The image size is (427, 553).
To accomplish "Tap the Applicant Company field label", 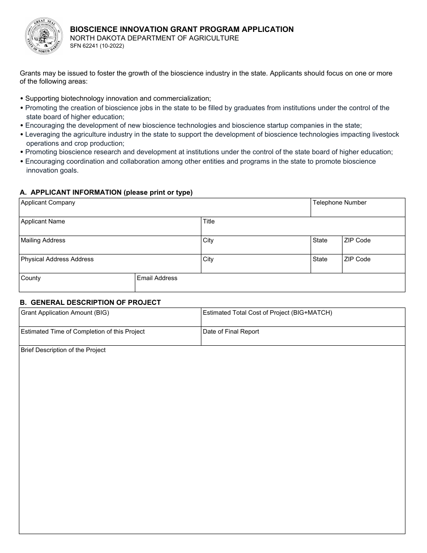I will click(x=48, y=203).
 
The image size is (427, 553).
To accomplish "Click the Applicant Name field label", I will click(x=43, y=222).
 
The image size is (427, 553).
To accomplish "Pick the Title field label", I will click(x=209, y=222).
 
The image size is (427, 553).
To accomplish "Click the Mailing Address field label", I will click(x=43, y=241).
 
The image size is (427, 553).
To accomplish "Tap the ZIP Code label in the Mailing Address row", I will click(x=357, y=241).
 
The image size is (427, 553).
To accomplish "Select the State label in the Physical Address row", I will click(x=320, y=259).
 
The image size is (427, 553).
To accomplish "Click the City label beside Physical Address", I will click(x=208, y=259).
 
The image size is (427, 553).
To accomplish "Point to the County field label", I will click(x=31, y=278).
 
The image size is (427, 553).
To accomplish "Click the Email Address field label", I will click(x=157, y=278).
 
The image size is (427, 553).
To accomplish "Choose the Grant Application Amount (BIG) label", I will click(x=65, y=312).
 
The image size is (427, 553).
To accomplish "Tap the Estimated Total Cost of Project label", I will click(x=267, y=312).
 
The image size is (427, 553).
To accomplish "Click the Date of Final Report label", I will click(x=231, y=332).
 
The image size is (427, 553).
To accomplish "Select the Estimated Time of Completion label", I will click(x=83, y=332).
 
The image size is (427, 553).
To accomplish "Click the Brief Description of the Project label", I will click(x=63, y=350).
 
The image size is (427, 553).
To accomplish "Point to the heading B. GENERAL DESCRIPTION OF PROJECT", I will click(x=90, y=303).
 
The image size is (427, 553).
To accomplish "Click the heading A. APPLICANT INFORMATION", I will click(x=106, y=192).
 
